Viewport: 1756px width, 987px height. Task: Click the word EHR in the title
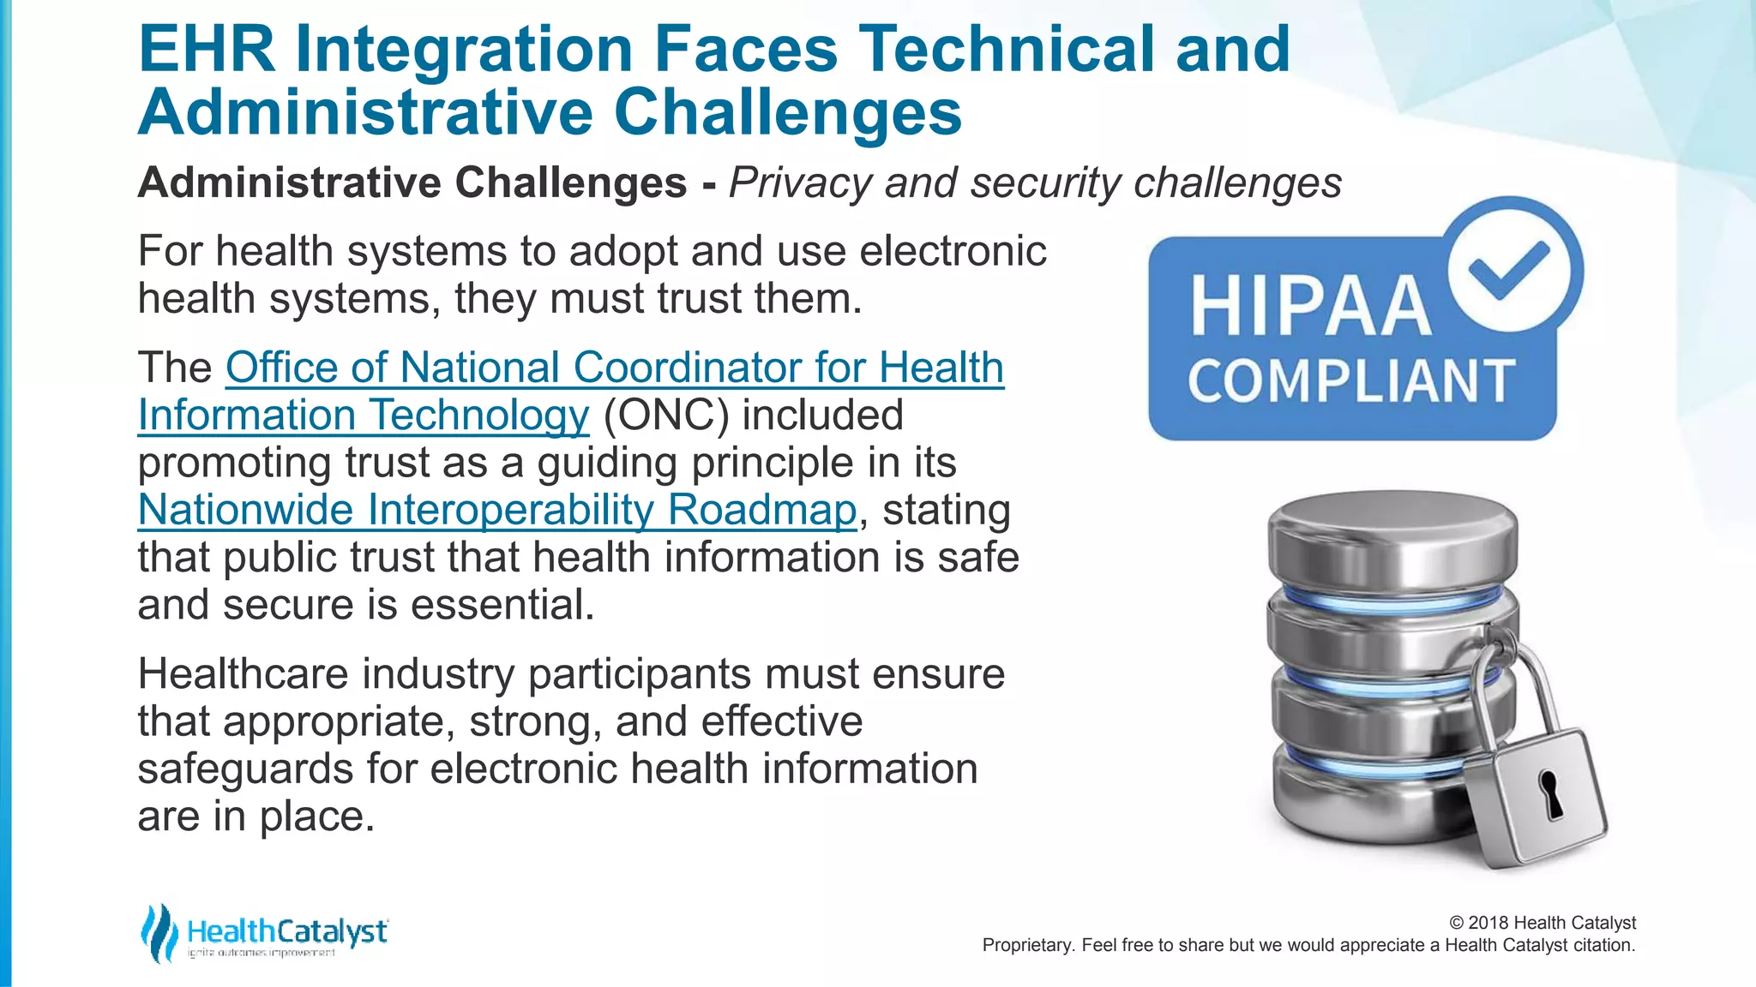coord(206,49)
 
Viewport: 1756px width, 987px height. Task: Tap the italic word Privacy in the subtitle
coord(800,183)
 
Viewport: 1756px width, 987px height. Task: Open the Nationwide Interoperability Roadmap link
coord(497,510)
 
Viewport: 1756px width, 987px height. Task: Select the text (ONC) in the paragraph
coord(666,416)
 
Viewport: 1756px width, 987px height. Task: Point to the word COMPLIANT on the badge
coord(1351,381)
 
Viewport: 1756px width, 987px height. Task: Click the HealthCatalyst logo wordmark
coord(287,932)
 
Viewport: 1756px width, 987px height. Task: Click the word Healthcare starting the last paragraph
coord(243,674)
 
